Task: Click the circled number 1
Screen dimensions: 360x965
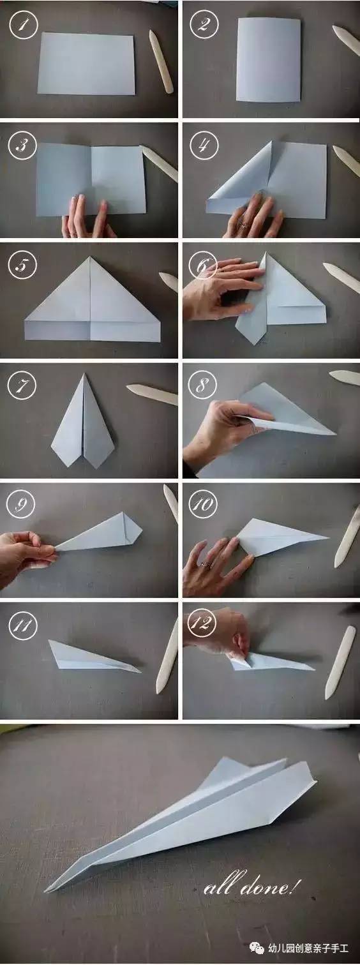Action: click(23, 24)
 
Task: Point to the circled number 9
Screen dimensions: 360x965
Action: click(22, 504)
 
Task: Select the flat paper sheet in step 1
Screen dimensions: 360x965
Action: click(86, 63)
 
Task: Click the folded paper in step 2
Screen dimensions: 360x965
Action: click(268, 60)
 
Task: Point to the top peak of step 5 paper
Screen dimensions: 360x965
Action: click(91, 257)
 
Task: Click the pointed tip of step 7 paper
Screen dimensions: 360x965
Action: click(84, 375)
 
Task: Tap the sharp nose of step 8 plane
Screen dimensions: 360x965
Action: click(335, 434)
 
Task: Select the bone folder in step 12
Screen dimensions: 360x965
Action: click(340, 662)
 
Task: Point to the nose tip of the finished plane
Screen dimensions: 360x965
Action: click(47, 889)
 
